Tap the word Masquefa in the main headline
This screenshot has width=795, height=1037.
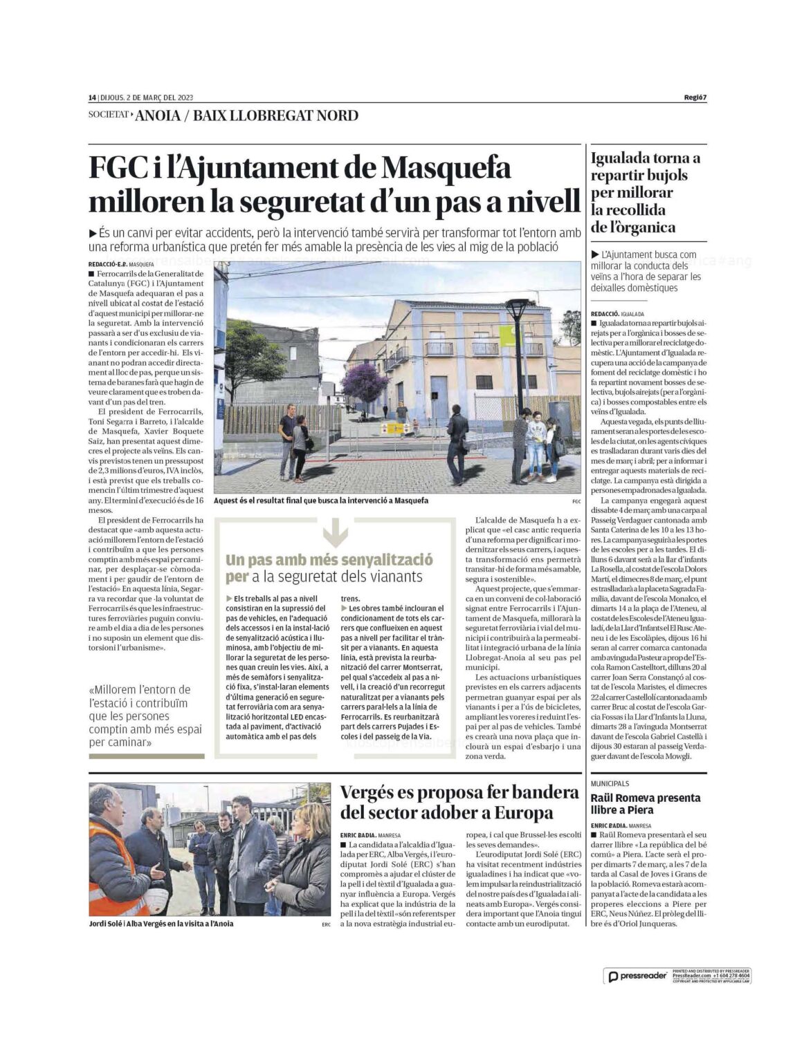click(x=446, y=168)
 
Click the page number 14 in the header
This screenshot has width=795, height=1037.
click(x=92, y=97)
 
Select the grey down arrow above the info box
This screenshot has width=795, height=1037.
click(x=335, y=532)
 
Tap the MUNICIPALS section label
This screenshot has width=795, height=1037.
click(x=610, y=783)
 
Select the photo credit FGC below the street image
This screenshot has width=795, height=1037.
click(x=576, y=501)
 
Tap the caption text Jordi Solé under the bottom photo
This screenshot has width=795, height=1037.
click(x=106, y=924)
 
